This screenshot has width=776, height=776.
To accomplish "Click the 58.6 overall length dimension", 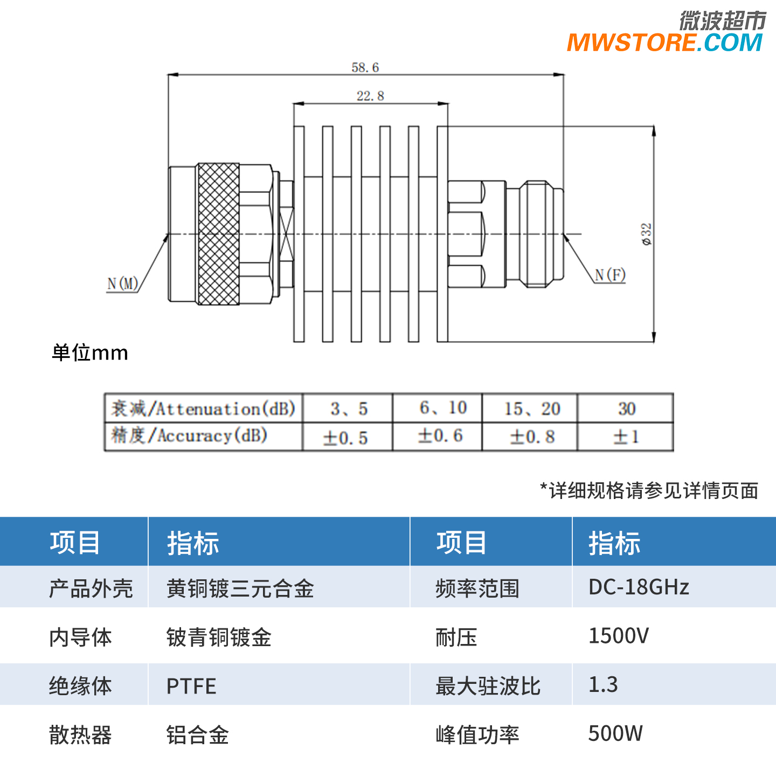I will pyautogui.click(x=365, y=68).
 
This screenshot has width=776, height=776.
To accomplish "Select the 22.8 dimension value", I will pyautogui.click(x=370, y=96).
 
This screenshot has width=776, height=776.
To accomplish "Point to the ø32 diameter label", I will pyautogui.click(x=646, y=234).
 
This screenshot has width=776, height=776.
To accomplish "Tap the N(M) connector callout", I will pyautogui.click(x=123, y=283).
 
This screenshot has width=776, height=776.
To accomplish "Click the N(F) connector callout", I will pyautogui.click(x=610, y=275).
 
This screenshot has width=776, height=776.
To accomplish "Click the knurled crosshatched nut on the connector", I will pyautogui.click(x=218, y=234).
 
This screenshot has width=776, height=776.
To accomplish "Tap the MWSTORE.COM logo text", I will pyautogui.click(x=664, y=43).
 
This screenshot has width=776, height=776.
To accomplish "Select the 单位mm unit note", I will pyautogui.click(x=90, y=353).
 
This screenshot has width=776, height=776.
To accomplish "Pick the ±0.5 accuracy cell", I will pyautogui.click(x=345, y=438).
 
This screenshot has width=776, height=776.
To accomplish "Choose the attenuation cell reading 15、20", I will pyautogui.click(x=532, y=408).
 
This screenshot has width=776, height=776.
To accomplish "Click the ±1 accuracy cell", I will pyautogui.click(x=626, y=437).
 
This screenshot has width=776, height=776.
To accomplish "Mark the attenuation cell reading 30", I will pyautogui.click(x=627, y=408).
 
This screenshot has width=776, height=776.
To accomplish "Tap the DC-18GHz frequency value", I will pyautogui.click(x=639, y=587).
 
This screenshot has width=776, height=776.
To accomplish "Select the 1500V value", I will pyautogui.click(x=619, y=636).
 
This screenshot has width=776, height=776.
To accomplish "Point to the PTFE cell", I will pyautogui.click(x=191, y=686).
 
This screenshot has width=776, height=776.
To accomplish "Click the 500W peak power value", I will pyautogui.click(x=615, y=733).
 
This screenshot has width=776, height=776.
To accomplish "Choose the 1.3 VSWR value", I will pyautogui.click(x=603, y=684).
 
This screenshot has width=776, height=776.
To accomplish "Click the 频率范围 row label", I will pyautogui.click(x=477, y=588).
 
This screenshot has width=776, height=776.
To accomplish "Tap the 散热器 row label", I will pyautogui.click(x=80, y=735).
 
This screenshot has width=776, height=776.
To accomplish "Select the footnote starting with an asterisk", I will pyautogui.click(x=649, y=490).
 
